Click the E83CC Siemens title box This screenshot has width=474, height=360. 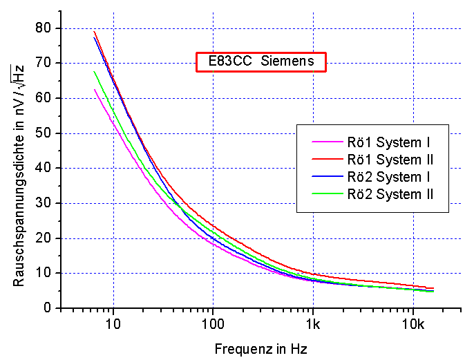260,61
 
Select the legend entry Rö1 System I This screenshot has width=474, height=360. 390,143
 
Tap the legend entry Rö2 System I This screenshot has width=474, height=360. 390,178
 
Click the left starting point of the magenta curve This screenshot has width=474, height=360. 95,89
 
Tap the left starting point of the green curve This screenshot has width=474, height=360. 95,71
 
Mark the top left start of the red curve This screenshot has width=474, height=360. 95,32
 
